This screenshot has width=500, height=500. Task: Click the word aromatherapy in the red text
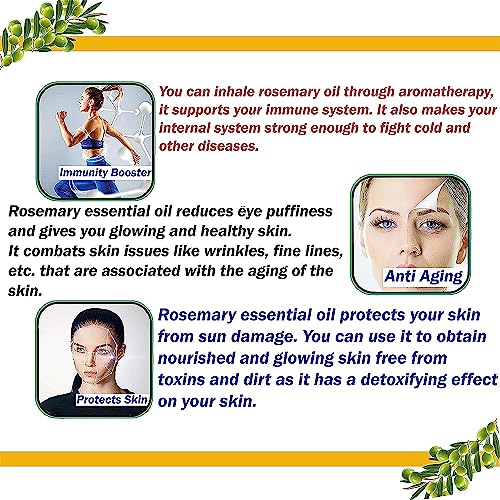point(446,92)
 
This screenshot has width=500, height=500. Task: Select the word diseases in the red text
point(228,146)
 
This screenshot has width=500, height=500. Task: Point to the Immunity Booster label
point(105,172)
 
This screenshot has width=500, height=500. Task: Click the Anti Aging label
point(424,277)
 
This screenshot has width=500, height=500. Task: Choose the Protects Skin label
point(112,399)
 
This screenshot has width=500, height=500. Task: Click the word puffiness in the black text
point(299,212)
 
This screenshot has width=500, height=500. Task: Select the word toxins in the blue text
point(181,380)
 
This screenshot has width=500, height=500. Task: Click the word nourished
point(196,358)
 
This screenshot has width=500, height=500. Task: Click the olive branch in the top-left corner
point(50,30)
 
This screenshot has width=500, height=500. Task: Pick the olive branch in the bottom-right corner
point(453,462)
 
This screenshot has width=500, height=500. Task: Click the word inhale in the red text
point(234,92)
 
